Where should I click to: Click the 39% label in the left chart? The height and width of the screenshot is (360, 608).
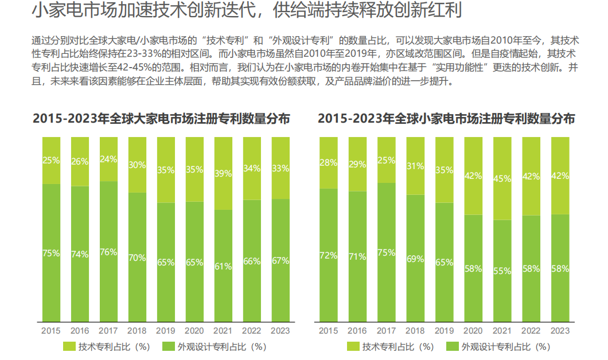[x=223, y=173]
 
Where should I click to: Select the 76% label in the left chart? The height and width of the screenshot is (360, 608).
[x=108, y=252]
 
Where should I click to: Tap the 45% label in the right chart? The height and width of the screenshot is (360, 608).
[x=502, y=179]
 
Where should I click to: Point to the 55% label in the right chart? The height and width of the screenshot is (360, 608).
[x=502, y=271]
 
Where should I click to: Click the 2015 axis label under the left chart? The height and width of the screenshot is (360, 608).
[x=50, y=331]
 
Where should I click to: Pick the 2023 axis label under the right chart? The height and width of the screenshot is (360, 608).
[x=560, y=331]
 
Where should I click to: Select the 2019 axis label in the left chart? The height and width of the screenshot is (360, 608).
[x=165, y=331]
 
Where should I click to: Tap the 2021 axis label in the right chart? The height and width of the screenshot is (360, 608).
[x=502, y=331]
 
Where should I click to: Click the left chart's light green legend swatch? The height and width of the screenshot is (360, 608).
[x=68, y=346]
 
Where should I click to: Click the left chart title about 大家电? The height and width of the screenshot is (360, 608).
[x=161, y=119]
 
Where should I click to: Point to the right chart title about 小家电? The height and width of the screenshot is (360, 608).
[x=447, y=119]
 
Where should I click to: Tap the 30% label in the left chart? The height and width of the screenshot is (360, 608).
[x=137, y=165]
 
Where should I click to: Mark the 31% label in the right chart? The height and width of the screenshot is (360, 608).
[x=415, y=166]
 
